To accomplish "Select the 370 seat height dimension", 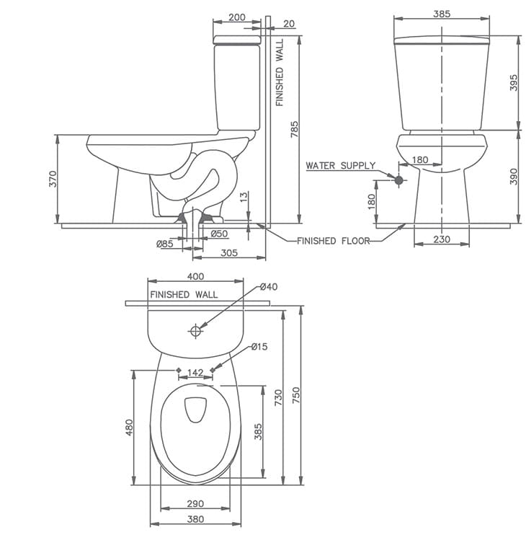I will click(52, 179).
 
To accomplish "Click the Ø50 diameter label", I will click(220, 234).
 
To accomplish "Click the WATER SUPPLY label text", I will click(340, 166).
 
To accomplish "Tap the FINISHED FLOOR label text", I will click(333, 241).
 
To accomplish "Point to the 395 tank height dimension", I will click(514, 84).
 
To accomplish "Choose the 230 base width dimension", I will click(441, 239).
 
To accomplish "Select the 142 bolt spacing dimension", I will click(195, 373).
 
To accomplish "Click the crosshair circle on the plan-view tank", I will click(195, 331).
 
